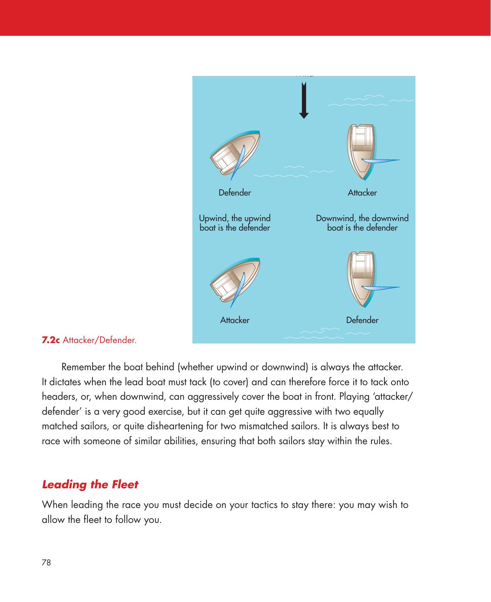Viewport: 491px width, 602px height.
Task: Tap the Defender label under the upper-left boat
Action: [234, 193]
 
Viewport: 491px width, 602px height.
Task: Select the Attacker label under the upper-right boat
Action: [362, 193]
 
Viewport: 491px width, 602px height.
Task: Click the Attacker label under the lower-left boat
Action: [234, 320]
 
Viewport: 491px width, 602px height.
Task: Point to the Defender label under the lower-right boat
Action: [362, 320]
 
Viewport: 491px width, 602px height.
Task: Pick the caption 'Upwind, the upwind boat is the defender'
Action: [235, 223]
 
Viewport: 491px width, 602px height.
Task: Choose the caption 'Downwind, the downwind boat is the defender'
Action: [362, 223]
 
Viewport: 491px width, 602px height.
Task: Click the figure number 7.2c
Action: [51, 339]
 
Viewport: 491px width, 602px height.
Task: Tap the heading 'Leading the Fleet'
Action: [90, 484]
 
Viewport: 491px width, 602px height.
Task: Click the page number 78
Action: [46, 562]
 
